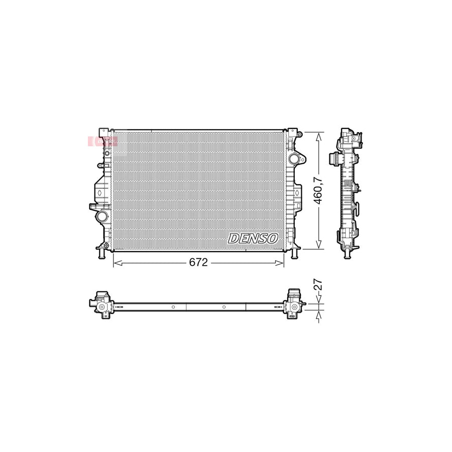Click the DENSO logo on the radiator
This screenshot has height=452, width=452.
[254, 239]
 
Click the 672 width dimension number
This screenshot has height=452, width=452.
[198, 263]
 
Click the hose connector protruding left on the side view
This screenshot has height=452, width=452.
[333, 159]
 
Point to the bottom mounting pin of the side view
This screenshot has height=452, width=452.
[346, 255]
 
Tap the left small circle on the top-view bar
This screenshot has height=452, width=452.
[173, 307]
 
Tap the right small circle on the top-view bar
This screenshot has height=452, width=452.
[223, 307]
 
